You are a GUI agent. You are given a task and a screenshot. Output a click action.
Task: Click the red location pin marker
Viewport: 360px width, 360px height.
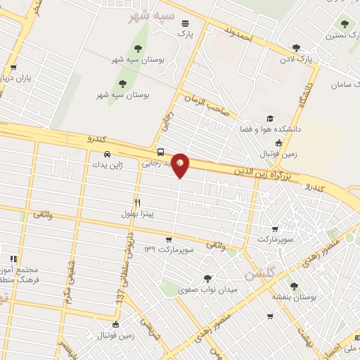181,165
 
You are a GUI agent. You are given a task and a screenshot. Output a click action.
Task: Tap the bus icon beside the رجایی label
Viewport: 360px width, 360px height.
161,152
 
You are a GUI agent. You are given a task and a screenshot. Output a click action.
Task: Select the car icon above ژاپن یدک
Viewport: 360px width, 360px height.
107,154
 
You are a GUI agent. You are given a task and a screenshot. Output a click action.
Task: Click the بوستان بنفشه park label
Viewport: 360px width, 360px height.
294,297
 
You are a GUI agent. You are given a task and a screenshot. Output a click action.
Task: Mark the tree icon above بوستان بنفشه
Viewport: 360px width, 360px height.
293,285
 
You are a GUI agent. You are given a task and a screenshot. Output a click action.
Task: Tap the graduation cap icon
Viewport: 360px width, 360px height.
268,120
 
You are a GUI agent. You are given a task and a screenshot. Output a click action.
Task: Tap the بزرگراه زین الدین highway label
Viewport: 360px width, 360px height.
258,171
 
